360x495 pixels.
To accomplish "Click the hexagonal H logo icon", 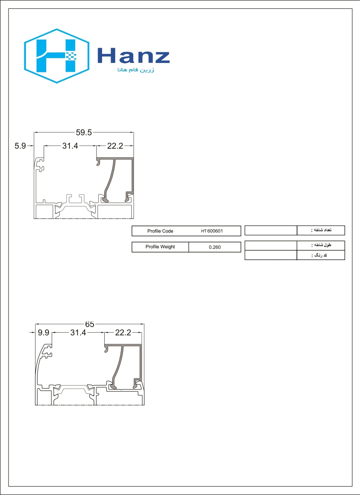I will (57, 56).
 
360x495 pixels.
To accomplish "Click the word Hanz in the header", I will (133, 56).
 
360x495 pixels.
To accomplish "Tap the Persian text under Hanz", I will (136, 70).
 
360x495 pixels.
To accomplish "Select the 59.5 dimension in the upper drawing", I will (84, 132).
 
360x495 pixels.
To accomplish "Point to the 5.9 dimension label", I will (20, 146).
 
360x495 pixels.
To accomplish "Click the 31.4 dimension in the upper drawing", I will (70, 146).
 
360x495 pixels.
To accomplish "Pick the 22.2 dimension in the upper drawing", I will (115, 146).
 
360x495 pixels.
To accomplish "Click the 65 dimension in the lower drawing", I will (90, 324).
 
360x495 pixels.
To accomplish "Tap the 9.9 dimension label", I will (43, 333).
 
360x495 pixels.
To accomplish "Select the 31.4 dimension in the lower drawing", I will (78, 333).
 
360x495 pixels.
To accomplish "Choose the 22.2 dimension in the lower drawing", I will (123, 333).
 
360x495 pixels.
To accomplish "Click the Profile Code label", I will (160, 231).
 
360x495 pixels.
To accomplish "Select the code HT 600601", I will (212, 231).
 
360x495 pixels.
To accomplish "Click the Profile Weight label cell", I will (160, 247).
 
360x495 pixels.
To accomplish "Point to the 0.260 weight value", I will (215, 247).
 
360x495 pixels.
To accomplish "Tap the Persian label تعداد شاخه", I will (322, 230).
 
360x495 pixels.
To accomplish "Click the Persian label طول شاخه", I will (322, 245).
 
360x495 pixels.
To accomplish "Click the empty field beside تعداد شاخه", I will (270, 230).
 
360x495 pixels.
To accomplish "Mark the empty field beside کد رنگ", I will (270, 255).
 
